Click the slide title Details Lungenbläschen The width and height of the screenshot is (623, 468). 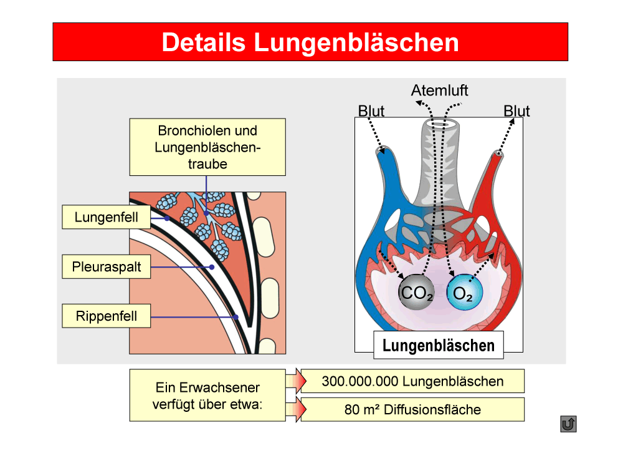coord(310,42)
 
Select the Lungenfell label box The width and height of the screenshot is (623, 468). coord(106,217)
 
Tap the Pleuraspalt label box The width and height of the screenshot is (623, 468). coord(106,266)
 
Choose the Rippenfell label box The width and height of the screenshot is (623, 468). coord(106,316)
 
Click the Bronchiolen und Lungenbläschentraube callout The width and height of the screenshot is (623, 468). coord(207,147)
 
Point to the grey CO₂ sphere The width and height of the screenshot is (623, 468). coord(416,292)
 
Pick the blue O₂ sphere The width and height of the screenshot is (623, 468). coord(465,293)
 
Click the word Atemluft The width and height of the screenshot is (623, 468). coord(439,90)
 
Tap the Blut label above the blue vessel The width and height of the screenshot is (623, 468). coord(371,111)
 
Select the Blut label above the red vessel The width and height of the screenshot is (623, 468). coord(516,111)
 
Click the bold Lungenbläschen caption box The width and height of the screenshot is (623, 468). coord(438,345)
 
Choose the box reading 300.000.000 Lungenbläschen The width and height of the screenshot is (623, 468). coord(412,381)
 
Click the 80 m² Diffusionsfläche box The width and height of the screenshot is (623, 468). coord(412,409)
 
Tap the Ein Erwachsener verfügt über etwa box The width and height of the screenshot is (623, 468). coord(207,395)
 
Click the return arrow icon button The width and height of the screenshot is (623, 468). coord(568,424)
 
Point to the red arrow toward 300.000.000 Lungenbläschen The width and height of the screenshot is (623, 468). coord(296,381)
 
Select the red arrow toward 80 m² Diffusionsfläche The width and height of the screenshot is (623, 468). coord(296,409)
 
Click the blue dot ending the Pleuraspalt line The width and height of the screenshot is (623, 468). coord(212,267)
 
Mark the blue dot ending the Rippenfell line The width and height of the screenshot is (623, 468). coord(235,317)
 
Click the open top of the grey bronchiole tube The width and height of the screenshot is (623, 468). coord(440,124)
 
